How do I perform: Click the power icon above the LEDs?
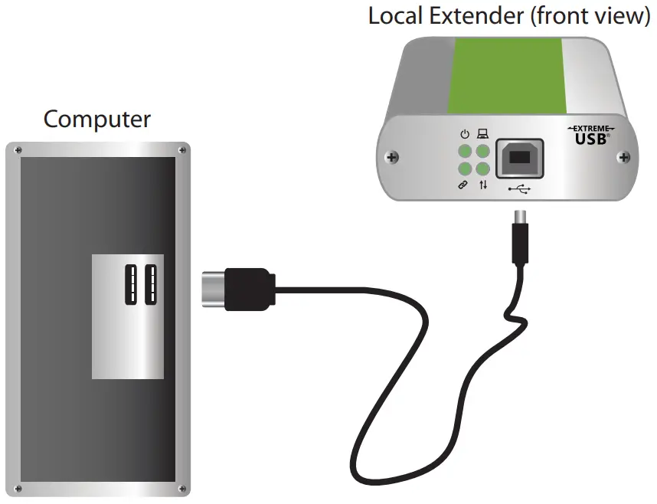pos(465,135)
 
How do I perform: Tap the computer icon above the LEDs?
pos(482,135)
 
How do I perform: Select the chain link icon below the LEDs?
pos(464,186)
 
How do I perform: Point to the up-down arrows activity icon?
pos(483,186)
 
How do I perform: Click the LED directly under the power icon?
pos(465,152)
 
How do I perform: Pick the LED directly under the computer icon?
pos(482,152)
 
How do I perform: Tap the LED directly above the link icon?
pos(465,169)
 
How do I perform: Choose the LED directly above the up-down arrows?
pos(482,169)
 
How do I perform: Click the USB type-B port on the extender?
pos(519,159)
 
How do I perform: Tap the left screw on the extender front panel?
pos(393,159)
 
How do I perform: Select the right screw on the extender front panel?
pos(624,158)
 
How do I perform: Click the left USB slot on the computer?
pos(130,285)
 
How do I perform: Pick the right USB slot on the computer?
pos(149,285)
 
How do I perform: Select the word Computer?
pos(97,119)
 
